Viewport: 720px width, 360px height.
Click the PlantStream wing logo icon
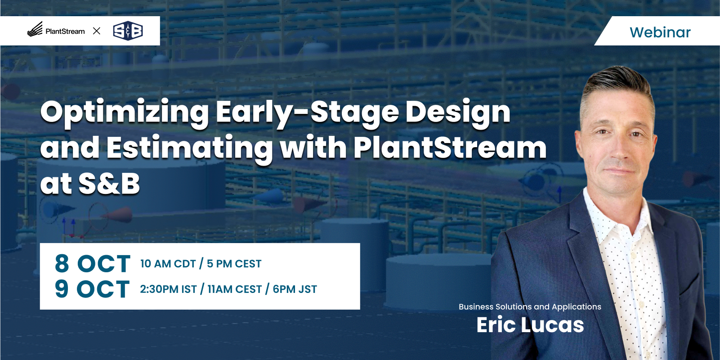(35, 29)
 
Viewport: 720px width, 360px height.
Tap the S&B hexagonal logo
(128, 31)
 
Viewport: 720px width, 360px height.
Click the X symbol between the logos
(96, 31)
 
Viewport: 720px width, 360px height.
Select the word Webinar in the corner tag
(660, 32)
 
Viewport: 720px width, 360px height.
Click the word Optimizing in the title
(125, 113)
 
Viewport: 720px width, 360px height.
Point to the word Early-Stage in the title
(307, 113)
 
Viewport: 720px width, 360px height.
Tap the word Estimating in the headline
(189, 148)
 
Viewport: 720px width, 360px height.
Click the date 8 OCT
(93, 264)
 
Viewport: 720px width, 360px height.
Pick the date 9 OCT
(92, 289)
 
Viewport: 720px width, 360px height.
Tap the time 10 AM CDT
(168, 264)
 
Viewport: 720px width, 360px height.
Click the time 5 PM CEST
(234, 264)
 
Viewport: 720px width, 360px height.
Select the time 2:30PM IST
(169, 289)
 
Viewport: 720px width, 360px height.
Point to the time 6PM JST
(295, 289)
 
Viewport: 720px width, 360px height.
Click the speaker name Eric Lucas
(530, 324)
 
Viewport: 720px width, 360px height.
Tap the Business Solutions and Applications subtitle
(530, 307)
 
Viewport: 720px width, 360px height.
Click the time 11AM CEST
(235, 289)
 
